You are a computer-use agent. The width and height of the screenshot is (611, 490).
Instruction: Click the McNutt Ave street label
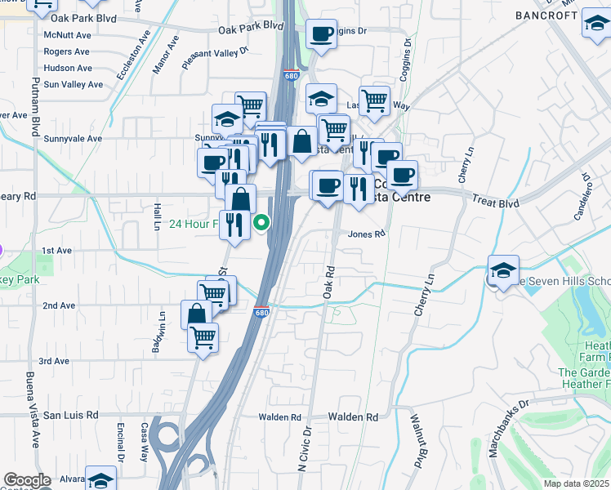[x=67, y=35]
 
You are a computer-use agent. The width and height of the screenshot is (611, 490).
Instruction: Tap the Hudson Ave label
[x=68, y=68]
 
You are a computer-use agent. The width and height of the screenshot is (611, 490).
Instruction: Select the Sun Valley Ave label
[x=74, y=84]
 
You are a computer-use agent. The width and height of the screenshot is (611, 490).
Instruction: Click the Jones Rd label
[x=365, y=234]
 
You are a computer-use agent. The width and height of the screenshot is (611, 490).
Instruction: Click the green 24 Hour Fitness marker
[x=262, y=221]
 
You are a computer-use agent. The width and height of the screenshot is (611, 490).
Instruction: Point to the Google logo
[x=27, y=480]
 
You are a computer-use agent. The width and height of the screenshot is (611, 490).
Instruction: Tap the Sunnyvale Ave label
[x=73, y=139]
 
